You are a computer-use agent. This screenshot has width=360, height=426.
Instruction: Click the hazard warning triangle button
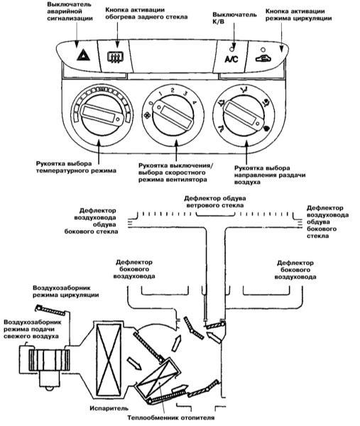(x=83, y=55)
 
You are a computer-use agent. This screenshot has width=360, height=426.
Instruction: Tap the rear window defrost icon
(x=116, y=57)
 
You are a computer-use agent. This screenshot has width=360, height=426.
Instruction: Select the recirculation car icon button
(x=263, y=58)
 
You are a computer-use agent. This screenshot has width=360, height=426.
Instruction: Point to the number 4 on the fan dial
(x=194, y=103)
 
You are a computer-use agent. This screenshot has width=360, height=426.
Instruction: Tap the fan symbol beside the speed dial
(x=147, y=116)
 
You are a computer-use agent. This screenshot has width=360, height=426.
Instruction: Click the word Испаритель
(x=109, y=408)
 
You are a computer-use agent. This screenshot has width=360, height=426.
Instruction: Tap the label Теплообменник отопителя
(x=171, y=417)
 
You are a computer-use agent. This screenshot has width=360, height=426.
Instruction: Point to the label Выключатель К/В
(x=234, y=18)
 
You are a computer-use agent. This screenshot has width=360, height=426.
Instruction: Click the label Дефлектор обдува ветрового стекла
(x=214, y=202)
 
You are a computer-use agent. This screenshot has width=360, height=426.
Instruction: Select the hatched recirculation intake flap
(x=51, y=310)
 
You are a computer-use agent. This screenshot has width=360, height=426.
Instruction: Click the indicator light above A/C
(x=231, y=49)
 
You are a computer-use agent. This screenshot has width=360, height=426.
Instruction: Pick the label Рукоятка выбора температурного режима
(x=76, y=168)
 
